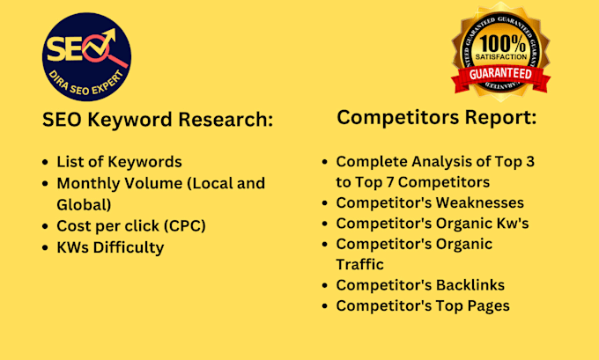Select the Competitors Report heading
pyautogui.click(x=437, y=117)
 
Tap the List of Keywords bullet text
pyautogui.click(x=120, y=161)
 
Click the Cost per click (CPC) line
pyautogui.click(x=131, y=225)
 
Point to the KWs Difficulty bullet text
pyautogui.click(x=110, y=247)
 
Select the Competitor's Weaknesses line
pyautogui.click(x=430, y=202)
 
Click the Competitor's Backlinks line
pyautogui.click(x=420, y=285)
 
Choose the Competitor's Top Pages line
pyautogui.click(x=423, y=306)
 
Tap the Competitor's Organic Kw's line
pyautogui.click(x=433, y=224)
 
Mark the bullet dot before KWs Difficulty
pyautogui.click(x=46, y=248)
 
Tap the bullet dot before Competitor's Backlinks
pyautogui.click(x=326, y=286)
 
